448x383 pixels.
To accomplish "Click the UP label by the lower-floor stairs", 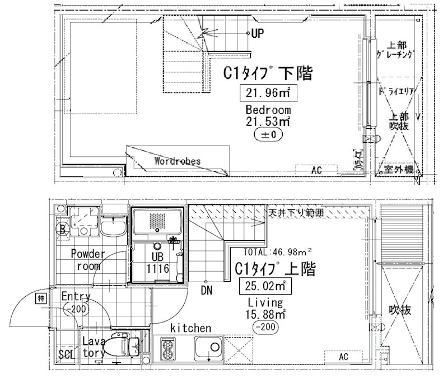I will tap(257, 34).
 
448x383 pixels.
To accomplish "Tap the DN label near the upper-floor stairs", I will tap(207, 290).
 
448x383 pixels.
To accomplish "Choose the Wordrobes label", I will tap(177, 161).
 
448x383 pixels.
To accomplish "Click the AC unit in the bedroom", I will tap(317, 169).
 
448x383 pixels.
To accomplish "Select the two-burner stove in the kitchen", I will tap(167, 349).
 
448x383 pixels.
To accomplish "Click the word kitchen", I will tap(191, 328).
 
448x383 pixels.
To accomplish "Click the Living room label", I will tap(260, 302).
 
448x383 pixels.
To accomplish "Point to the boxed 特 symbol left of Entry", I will tap(41, 298).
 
